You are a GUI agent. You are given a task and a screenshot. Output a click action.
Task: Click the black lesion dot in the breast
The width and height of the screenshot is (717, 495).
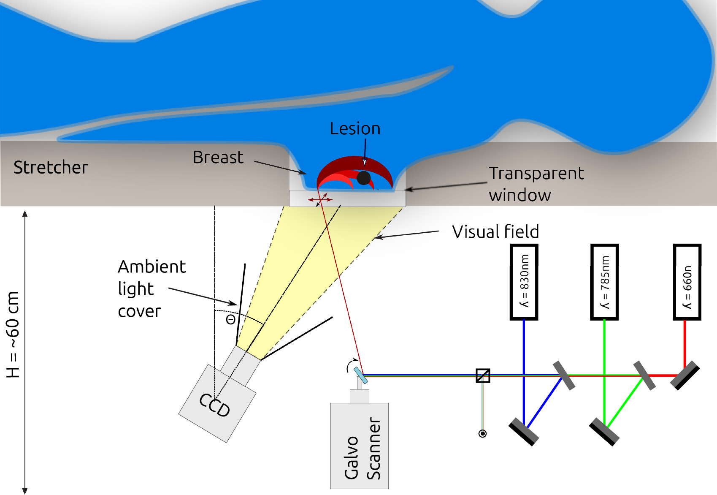363,178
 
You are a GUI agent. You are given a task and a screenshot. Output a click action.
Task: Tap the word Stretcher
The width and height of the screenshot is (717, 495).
51,168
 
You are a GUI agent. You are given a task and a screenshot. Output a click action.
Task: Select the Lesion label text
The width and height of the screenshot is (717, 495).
355,129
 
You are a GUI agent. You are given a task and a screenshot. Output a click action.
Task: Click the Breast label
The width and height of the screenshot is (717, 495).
218,158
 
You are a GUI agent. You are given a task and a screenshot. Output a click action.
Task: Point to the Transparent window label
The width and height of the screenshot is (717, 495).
536,184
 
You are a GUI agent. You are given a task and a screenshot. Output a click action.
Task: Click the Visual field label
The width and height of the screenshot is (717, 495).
495,232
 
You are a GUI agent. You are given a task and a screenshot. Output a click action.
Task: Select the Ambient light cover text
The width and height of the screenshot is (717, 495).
151,289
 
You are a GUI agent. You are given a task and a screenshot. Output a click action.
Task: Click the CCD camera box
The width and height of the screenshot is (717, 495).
217,403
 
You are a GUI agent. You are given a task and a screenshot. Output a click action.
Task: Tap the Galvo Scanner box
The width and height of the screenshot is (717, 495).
359,446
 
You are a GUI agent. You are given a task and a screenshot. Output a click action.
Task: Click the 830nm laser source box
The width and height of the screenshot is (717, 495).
524,282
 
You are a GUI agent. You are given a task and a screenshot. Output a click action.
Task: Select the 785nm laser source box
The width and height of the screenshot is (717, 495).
604,282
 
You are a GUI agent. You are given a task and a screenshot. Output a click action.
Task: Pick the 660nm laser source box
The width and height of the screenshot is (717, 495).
687,282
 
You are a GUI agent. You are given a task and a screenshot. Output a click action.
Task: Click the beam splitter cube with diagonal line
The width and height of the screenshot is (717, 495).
483,375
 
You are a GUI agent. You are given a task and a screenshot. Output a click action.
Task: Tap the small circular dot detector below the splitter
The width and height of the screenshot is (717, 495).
483,433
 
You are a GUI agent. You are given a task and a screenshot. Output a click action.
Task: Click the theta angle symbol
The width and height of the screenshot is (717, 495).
230,320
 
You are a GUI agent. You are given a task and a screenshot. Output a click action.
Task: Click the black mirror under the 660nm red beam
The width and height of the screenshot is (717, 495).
685,375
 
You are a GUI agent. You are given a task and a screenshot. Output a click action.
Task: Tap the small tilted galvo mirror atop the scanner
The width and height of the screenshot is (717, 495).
361,375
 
